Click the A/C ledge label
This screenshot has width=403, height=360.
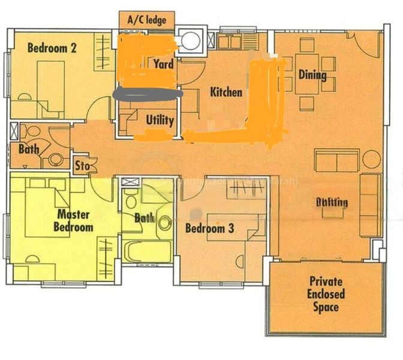click(147, 20)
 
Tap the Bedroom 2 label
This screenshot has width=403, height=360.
click(52, 49)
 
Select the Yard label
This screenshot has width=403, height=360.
click(163, 64)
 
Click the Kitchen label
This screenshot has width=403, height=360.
click(225, 92)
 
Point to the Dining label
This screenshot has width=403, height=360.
click(312, 75)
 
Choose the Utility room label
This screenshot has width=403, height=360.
click(160, 120)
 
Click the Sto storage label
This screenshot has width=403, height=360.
click(82, 165)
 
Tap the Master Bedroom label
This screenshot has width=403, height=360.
click(73, 220)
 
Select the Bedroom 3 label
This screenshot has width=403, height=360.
click(209, 229)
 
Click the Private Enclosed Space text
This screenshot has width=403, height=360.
click(326, 294)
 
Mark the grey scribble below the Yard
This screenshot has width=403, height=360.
click(148, 94)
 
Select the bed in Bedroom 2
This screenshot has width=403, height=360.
click(51, 84)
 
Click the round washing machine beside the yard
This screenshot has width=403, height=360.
click(191, 40)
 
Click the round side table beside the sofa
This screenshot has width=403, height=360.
click(371, 160)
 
